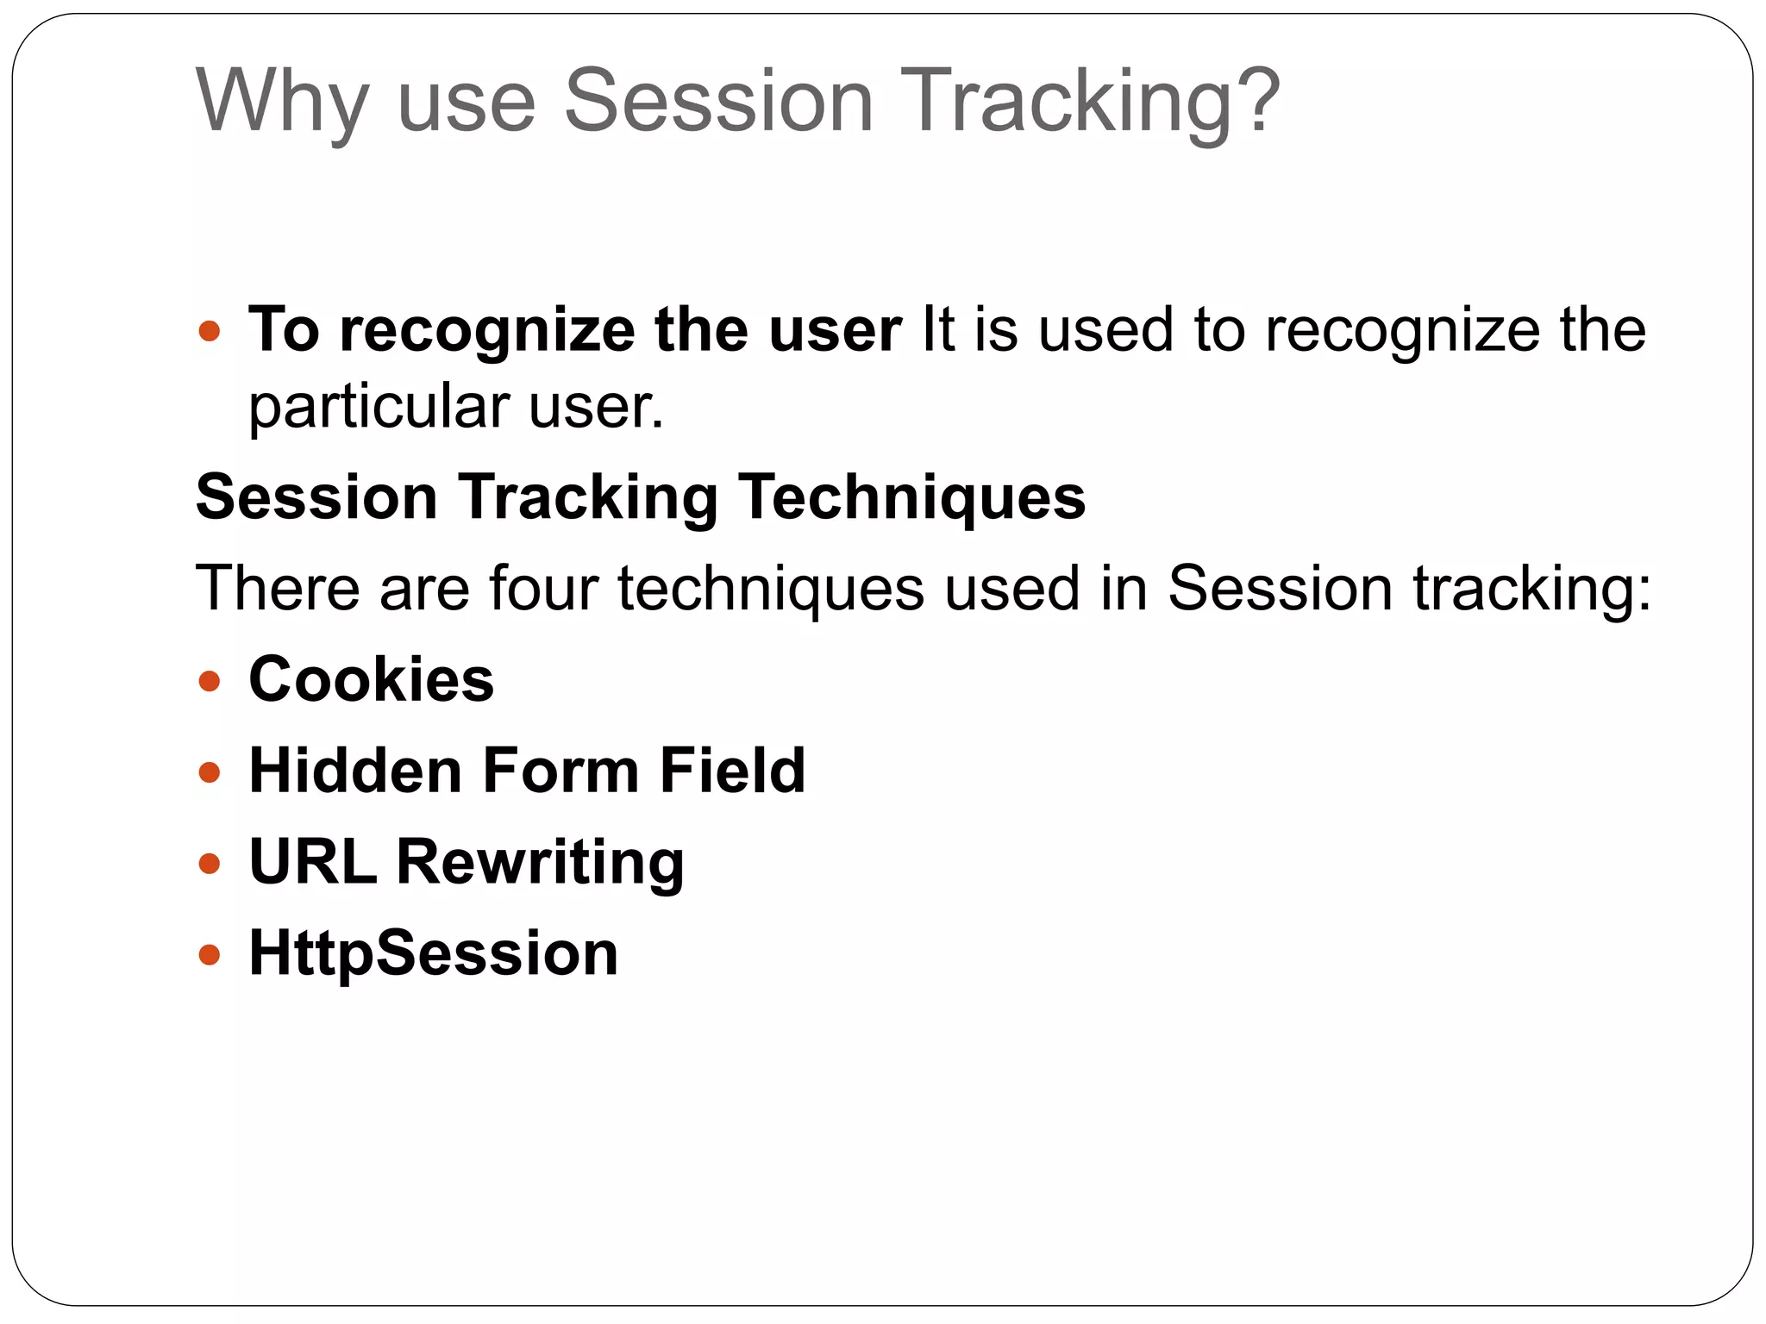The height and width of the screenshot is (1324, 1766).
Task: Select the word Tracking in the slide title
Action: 1064,102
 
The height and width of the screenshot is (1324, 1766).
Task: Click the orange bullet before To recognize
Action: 210,330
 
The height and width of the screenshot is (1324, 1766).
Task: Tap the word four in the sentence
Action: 542,588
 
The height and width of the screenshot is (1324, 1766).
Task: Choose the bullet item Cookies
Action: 372,679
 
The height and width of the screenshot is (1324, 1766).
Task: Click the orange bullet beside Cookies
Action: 210,682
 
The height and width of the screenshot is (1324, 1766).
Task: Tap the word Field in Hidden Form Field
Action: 732,770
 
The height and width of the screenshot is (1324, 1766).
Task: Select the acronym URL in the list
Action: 313,861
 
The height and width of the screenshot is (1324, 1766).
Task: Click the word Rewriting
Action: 540,861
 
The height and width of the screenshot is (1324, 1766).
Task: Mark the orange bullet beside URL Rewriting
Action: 210,864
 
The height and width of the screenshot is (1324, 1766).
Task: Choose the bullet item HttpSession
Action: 433,952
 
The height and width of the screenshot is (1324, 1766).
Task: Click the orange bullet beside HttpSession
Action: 210,955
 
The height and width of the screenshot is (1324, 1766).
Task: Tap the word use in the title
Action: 467,102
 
